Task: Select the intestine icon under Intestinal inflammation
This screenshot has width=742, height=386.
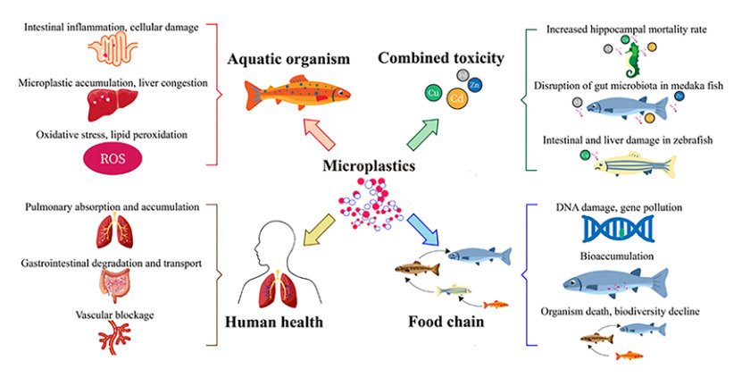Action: tap(113, 50)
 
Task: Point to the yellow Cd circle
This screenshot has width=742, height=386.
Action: tap(455, 96)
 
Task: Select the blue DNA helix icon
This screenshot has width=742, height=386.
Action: tap(615, 231)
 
